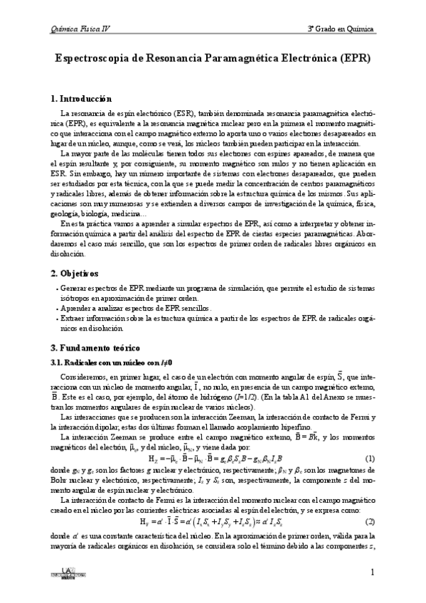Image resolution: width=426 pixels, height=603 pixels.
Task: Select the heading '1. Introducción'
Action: [x=82, y=98]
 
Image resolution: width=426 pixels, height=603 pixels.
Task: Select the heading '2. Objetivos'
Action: [x=75, y=273]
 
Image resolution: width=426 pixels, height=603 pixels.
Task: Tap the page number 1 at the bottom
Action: [x=372, y=572]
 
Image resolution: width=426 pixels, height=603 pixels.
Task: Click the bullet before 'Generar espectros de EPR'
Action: [x=56, y=290]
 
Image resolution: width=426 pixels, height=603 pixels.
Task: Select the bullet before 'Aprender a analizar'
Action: [x=56, y=309]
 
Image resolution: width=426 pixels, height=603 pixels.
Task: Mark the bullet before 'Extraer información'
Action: [x=56, y=319]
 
